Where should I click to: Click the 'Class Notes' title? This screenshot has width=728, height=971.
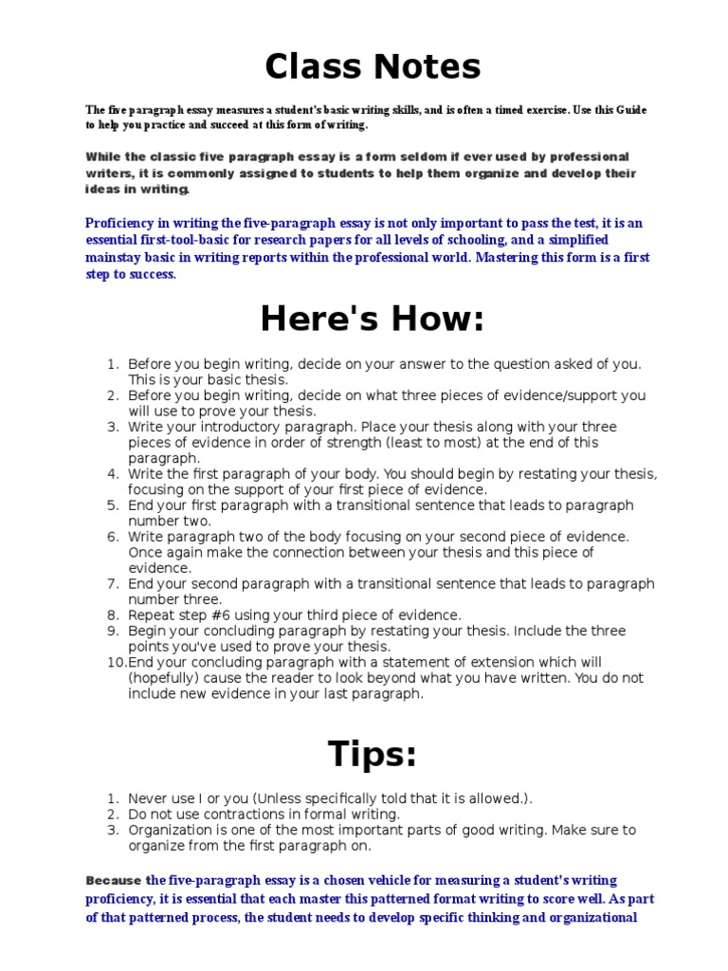tap(373, 66)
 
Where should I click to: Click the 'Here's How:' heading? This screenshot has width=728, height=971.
tap(373, 321)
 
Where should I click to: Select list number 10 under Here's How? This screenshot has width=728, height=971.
tap(114, 662)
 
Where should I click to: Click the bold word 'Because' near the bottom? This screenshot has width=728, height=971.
tap(114, 880)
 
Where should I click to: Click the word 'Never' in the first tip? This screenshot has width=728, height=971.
tap(148, 798)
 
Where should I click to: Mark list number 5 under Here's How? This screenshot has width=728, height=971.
tap(112, 505)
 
